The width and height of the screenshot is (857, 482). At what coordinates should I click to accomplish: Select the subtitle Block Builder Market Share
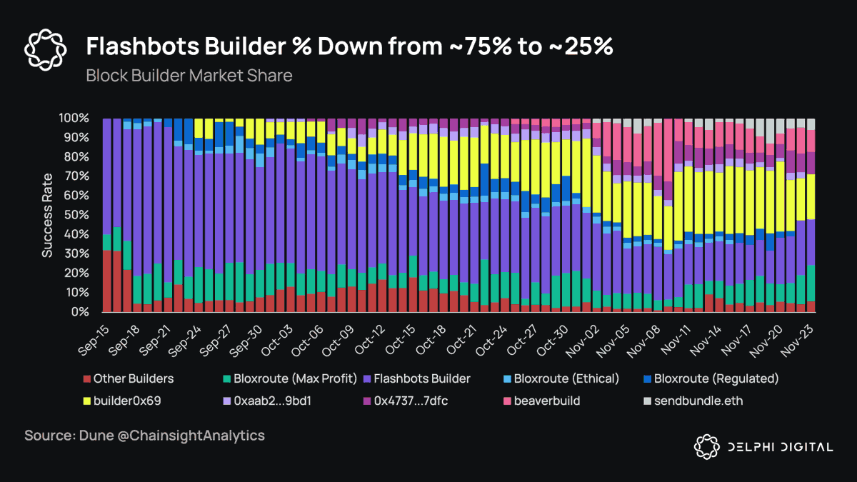[189, 75]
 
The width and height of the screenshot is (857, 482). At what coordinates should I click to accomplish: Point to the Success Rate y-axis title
[47, 215]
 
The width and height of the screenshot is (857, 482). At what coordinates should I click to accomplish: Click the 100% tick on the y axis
[74, 118]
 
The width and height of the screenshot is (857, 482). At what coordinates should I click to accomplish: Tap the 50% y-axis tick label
[77, 215]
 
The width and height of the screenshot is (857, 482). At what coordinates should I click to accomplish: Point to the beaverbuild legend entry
[545, 401]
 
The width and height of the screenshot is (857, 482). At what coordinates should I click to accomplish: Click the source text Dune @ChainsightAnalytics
[144, 436]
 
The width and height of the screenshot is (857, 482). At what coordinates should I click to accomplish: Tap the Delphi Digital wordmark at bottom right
[778, 447]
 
